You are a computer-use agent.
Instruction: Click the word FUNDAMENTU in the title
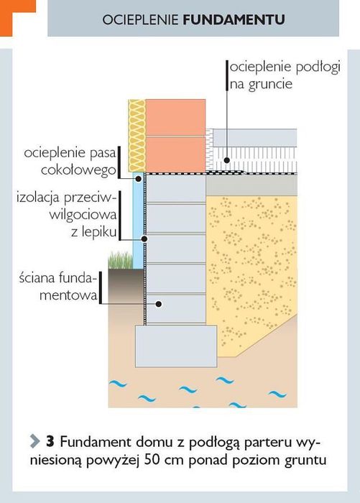(234, 19)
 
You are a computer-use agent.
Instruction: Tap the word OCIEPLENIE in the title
(141, 19)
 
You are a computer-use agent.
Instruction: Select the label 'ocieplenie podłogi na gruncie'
(285, 75)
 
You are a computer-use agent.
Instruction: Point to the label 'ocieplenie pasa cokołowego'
(70, 162)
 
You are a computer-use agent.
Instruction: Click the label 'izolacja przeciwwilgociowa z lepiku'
(67, 214)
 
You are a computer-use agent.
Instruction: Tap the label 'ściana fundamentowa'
(58, 286)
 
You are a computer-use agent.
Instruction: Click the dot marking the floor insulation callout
(227, 160)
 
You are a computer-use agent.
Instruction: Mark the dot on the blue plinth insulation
(138, 179)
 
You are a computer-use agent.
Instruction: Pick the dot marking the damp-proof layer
(144, 239)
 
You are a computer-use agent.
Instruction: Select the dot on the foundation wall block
(158, 303)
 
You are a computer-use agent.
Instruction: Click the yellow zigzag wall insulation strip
(137, 135)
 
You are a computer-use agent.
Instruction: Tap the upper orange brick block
(175, 117)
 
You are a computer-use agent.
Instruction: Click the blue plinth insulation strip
(138, 221)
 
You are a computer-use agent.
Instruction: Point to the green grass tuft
(120, 260)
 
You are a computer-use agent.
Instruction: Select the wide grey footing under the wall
(176, 346)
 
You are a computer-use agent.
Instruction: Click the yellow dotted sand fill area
(252, 263)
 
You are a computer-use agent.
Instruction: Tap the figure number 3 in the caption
(50, 442)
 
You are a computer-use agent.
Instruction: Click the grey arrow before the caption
(34, 441)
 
